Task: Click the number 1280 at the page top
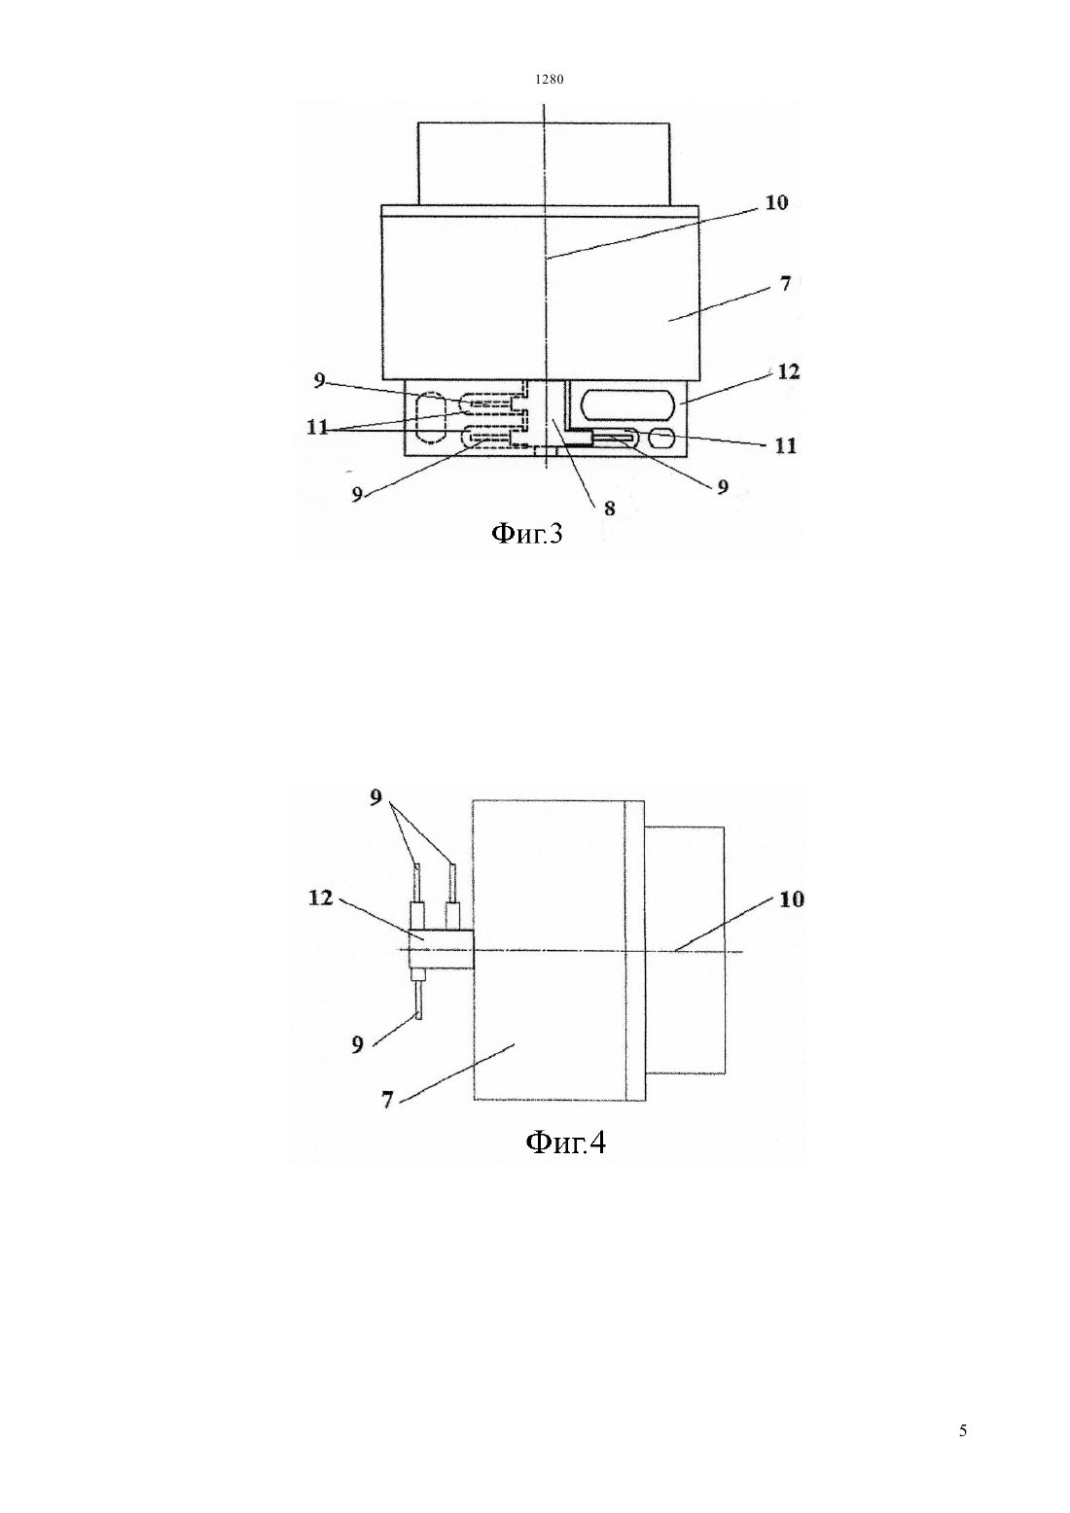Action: [549, 80]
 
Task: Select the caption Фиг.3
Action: [526, 534]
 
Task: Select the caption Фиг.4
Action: [565, 1142]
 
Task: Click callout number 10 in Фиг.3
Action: [777, 202]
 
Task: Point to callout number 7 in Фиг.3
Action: [784, 284]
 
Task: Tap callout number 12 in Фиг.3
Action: [788, 371]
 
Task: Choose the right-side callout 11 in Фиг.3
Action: [786, 445]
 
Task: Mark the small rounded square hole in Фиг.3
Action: [662, 440]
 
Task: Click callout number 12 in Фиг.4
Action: [322, 897]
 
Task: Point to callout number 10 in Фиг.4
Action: [793, 899]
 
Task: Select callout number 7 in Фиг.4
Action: [387, 1100]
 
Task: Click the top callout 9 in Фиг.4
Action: [376, 797]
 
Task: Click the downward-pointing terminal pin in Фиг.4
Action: [419, 1001]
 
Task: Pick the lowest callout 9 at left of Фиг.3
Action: [357, 494]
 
